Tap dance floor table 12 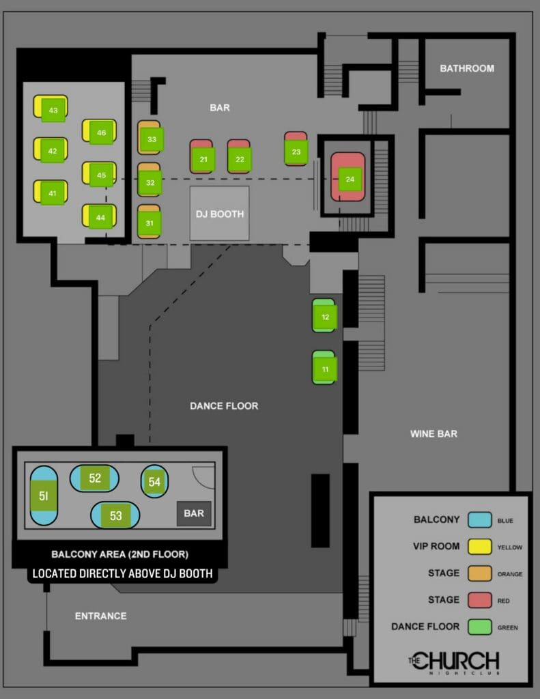click(326, 317)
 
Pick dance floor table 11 click(326, 369)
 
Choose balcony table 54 click(154, 482)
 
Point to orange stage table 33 click(152, 139)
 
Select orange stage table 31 click(150, 223)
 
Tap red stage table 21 click(203, 159)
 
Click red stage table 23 click(296, 152)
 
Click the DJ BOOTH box click(219, 214)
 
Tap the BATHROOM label click(466, 68)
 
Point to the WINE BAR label click(434, 433)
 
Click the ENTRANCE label click(100, 616)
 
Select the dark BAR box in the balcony click(194, 513)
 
